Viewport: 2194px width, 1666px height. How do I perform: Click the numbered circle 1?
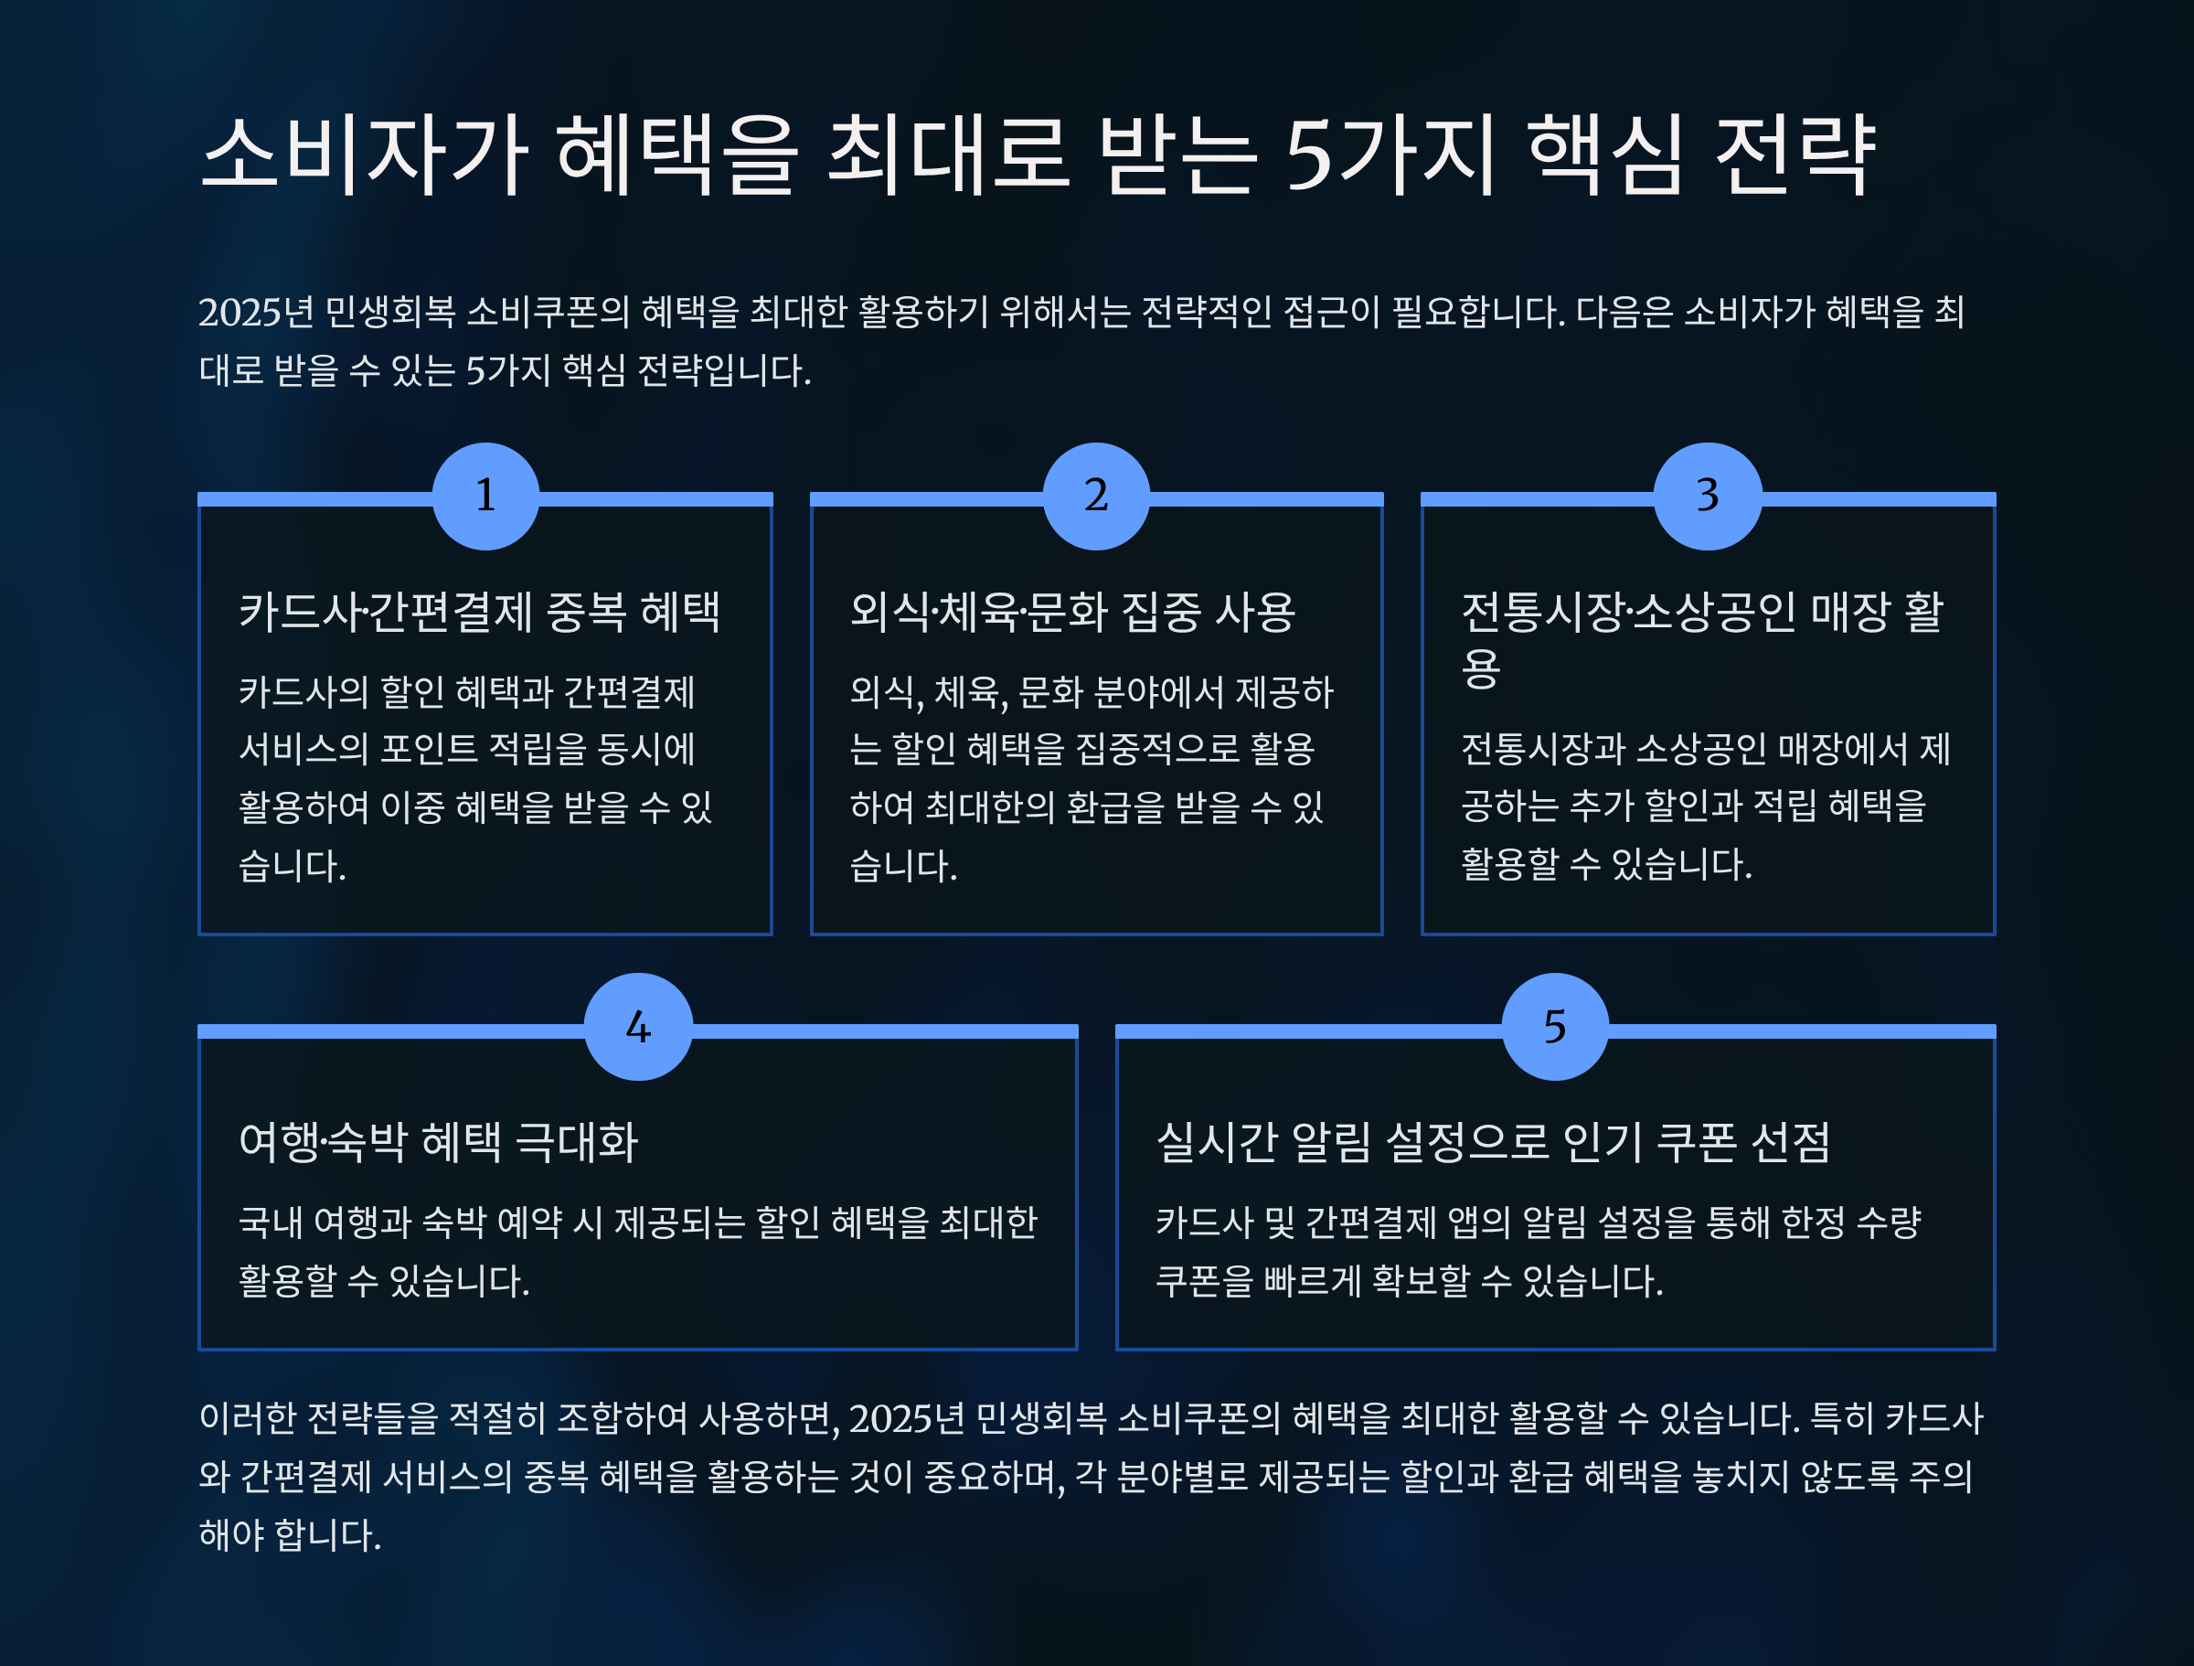485,497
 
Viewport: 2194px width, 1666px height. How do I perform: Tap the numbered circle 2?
1096,497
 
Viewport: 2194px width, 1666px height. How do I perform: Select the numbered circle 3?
1707,497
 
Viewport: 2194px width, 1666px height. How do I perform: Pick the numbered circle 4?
638,1027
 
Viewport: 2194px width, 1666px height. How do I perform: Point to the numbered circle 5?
1554,1027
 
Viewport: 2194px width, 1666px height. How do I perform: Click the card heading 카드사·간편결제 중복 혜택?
479,611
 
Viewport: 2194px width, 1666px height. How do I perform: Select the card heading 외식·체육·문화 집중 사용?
1072,611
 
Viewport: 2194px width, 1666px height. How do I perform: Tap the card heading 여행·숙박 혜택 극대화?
439,1142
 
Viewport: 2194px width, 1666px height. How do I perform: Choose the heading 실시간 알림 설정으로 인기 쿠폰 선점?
1493,1142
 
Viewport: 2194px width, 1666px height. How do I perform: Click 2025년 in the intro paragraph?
256,313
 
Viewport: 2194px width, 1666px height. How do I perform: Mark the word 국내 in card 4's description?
270,1223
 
